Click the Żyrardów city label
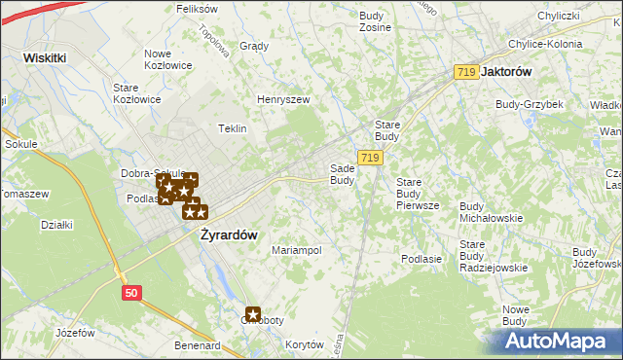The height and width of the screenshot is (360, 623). click(x=229, y=234)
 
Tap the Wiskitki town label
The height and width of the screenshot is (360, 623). click(x=45, y=57)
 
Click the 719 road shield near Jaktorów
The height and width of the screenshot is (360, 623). click(x=466, y=72)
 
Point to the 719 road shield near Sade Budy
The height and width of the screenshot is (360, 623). click(x=369, y=158)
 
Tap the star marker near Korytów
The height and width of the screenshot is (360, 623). click(x=253, y=314)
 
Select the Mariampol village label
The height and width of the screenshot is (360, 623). click(x=297, y=250)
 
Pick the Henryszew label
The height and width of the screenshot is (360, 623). click(x=282, y=99)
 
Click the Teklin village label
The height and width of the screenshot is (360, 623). click(x=233, y=128)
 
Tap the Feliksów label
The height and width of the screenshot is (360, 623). click(x=197, y=8)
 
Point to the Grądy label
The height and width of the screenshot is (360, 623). click(x=253, y=46)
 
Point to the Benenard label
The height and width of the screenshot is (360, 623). click(x=198, y=345)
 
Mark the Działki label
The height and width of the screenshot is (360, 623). click(x=57, y=225)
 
